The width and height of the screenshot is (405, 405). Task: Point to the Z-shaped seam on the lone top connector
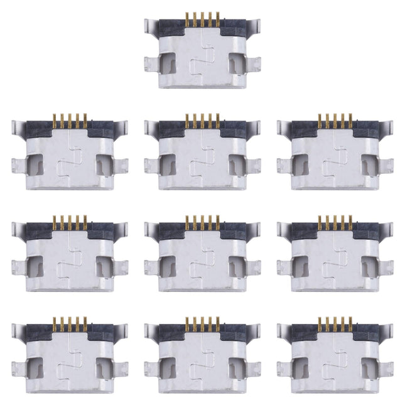[x=202, y=63]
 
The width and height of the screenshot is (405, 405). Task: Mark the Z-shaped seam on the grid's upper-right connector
[x=335, y=165]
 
